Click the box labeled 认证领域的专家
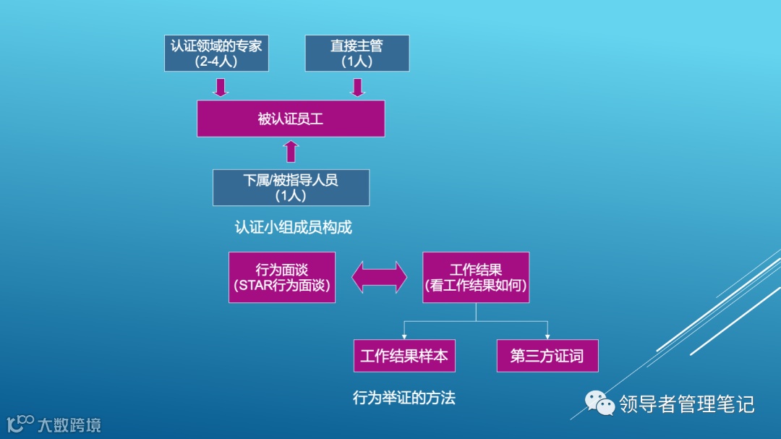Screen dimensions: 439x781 click(x=216, y=53)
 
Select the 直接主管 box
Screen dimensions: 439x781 click(x=357, y=53)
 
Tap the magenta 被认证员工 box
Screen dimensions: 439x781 click(x=291, y=119)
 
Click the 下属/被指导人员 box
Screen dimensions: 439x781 click(x=291, y=187)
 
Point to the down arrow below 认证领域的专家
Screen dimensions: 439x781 click(x=221, y=87)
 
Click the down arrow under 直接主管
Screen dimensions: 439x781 click(x=357, y=87)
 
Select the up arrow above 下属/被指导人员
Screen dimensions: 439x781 click(x=291, y=152)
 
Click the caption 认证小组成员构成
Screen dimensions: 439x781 click(x=293, y=227)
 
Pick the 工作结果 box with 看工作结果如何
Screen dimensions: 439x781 click(x=476, y=277)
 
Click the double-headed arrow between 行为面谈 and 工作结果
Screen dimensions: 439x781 click(x=379, y=277)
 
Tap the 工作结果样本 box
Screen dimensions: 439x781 click(x=404, y=356)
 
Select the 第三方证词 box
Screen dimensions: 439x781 click(x=547, y=356)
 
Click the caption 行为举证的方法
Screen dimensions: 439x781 click(x=404, y=398)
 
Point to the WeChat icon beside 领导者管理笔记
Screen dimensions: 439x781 click(x=599, y=404)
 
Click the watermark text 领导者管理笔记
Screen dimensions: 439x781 click(x=686, y=404)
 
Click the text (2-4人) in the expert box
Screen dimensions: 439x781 click(x=215, y=61)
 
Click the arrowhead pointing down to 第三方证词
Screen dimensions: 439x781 click(x=547, y=336)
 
